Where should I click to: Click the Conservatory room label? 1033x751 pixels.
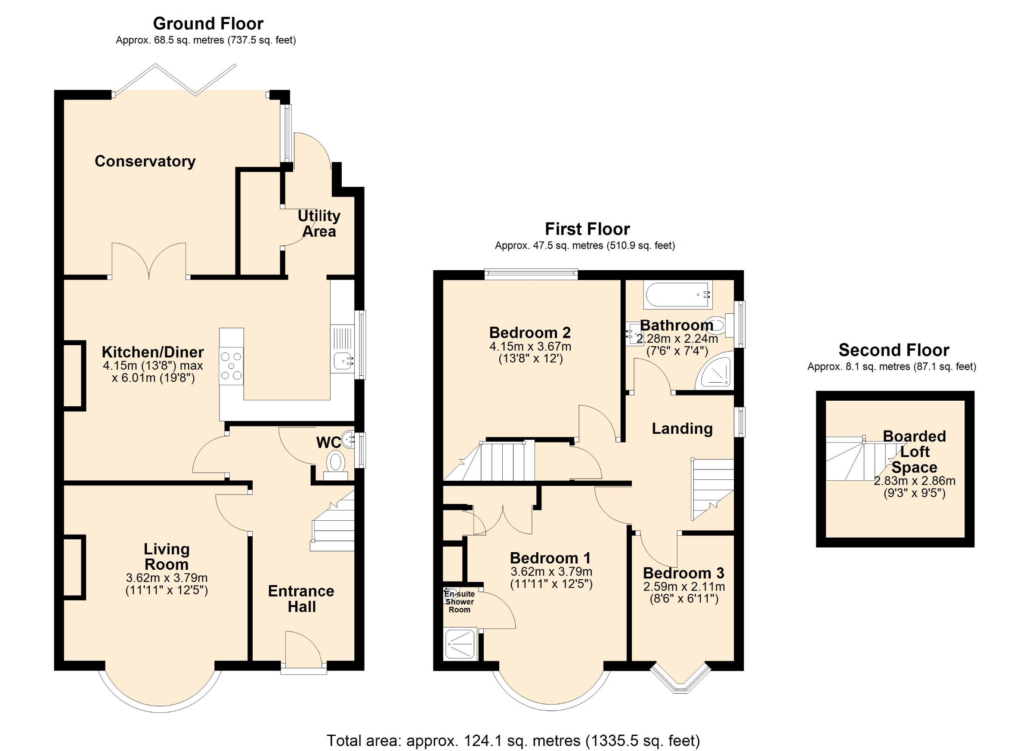145,161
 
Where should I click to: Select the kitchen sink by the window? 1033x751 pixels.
343,361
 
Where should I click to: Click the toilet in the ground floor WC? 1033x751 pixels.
336,462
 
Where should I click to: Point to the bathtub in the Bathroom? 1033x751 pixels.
678,295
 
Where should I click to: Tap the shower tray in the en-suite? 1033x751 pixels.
460,644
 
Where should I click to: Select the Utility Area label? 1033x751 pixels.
319,223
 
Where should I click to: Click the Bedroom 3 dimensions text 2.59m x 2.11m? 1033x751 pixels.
684,587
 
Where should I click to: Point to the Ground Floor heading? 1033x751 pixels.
208,23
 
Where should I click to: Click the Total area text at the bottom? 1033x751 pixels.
513,740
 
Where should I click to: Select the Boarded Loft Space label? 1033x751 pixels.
914,451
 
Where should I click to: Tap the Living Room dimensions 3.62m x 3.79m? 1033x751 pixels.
166,578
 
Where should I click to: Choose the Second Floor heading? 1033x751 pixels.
894,350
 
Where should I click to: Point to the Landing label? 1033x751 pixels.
682,428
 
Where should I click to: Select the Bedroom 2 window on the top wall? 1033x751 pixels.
531,274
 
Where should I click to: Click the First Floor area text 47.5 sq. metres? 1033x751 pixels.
585,246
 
